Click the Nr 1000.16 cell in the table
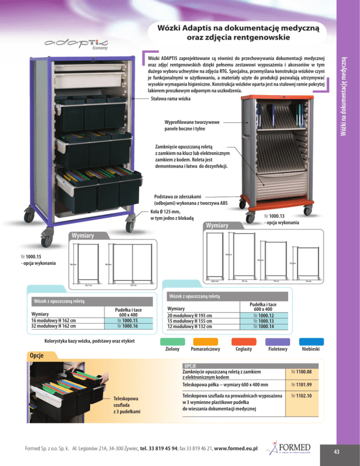pyautogui.click(x=127, y=326)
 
